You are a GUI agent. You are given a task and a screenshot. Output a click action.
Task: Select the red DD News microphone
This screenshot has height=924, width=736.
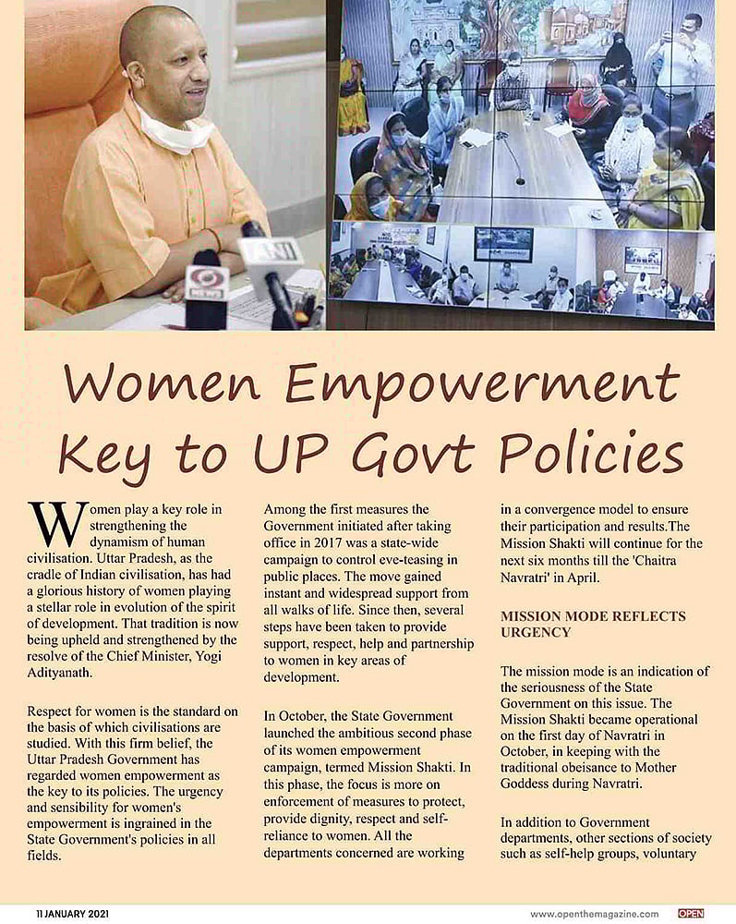(206, 287)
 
